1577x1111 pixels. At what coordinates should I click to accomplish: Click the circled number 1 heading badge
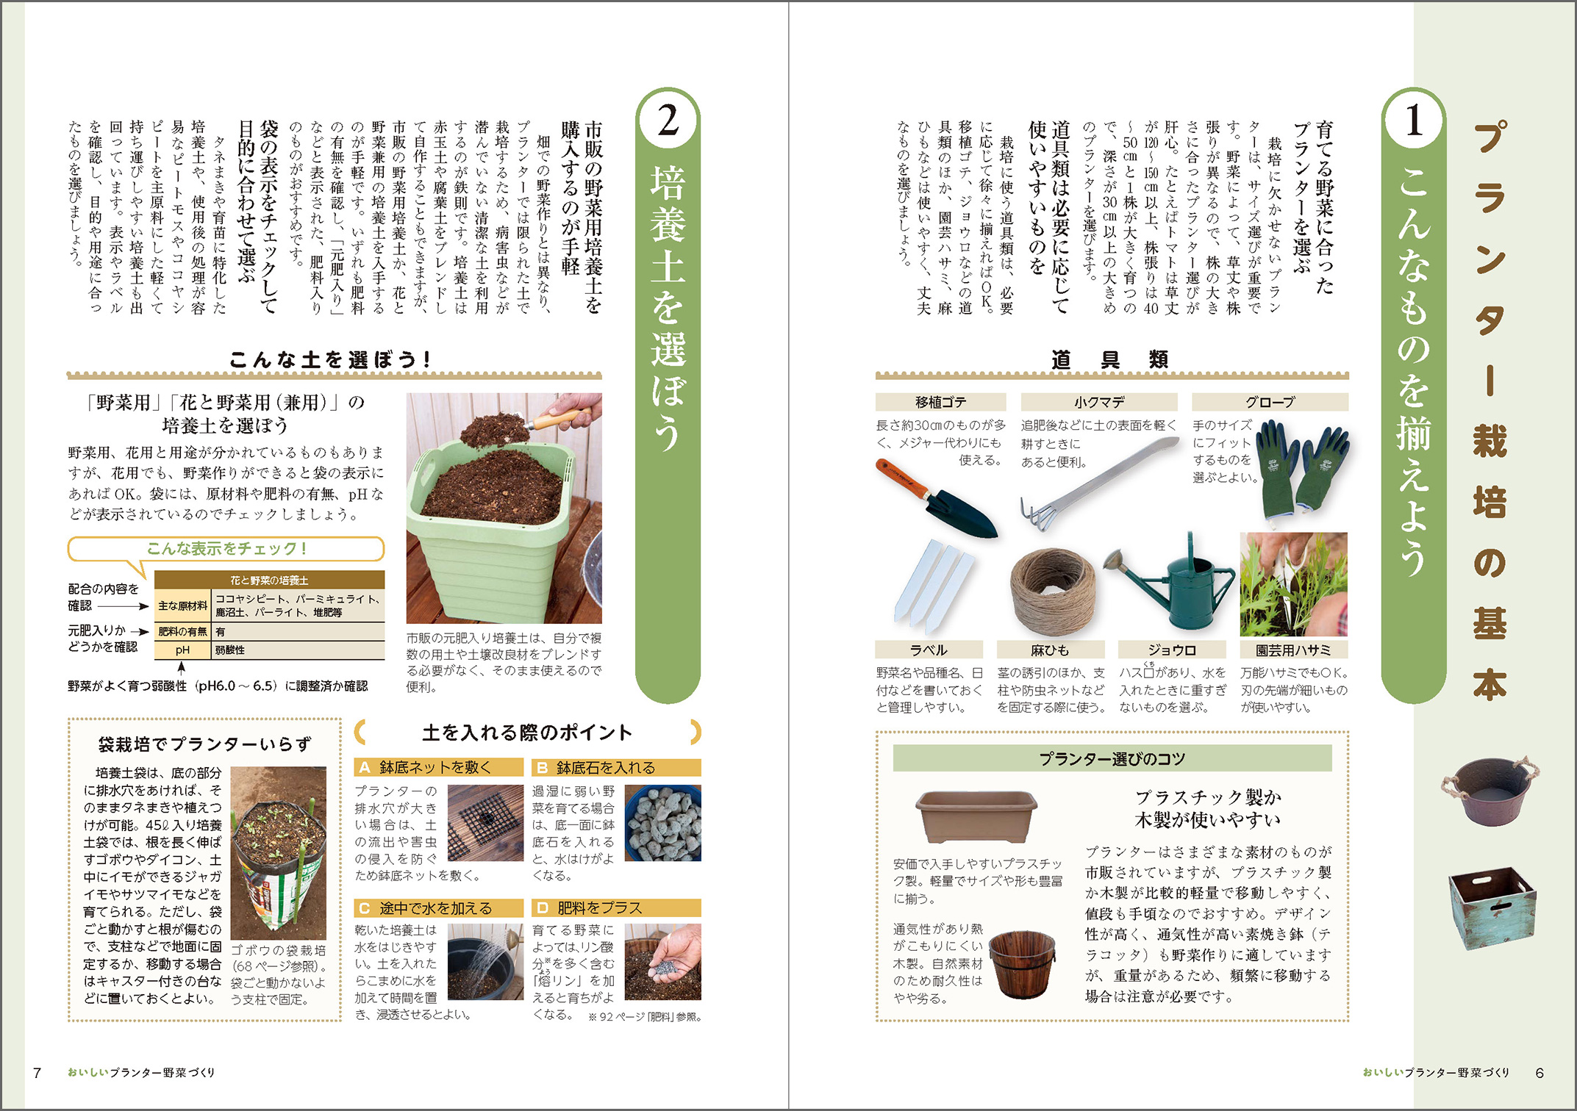click(x=1413, y=121)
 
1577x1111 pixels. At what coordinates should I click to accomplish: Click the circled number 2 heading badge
click(x=668, y=121)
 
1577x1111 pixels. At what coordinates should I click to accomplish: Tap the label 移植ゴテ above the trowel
click(x=940, y=402)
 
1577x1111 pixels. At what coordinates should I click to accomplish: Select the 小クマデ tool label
click(x=1098, y=402)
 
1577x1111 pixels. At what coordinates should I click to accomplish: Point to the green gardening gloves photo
click(x=1302, y=470)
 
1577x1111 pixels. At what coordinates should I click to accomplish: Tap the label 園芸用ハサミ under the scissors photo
click(x=1292, y=650)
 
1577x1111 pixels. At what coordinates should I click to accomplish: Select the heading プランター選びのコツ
click(x=1112, y=758)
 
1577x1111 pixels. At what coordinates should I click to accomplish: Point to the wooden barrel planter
click(x=1022, y=963)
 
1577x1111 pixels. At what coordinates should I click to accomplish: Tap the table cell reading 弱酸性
click(x=230, y=650)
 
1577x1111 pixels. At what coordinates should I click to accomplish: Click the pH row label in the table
click(x=182, y=650)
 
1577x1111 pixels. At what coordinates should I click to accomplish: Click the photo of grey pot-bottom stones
click(x=662, y=823)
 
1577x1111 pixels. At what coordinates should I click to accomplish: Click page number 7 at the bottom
click(x=37, y=1073)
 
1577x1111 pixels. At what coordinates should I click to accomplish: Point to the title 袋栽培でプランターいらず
click(x=204, y=744)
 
